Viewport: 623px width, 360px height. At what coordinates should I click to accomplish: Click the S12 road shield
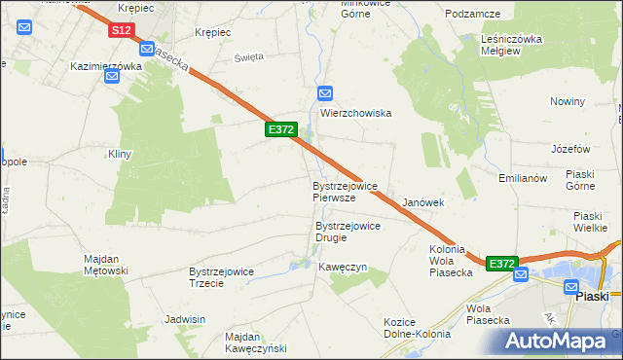120,31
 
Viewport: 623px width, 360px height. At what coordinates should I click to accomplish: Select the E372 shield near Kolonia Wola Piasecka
501,264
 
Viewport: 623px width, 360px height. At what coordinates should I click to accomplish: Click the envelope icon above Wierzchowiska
325,93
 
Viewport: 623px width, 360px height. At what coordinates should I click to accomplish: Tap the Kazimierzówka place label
106,67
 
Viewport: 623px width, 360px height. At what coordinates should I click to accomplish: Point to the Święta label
249,57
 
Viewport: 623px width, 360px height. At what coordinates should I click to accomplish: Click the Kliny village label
119,154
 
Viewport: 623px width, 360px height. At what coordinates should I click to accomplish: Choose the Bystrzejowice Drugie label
348,232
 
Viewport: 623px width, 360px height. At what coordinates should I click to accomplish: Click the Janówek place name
423,202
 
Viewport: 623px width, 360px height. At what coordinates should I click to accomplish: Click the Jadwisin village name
186,319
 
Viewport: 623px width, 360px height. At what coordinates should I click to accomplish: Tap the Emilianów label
526,178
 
